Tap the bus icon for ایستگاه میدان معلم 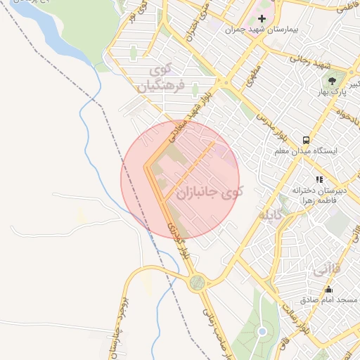point(306,139)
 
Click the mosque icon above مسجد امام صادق point(328,289)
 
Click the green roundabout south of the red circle point(198,283)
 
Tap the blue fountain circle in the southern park point(263,331)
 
